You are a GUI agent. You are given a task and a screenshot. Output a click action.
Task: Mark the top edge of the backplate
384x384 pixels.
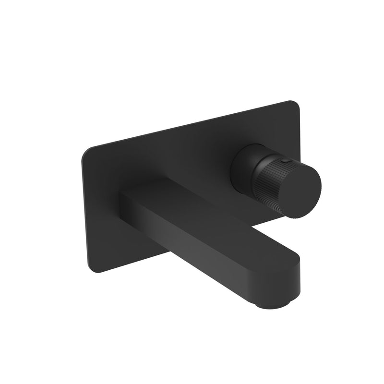click(192, 126)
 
